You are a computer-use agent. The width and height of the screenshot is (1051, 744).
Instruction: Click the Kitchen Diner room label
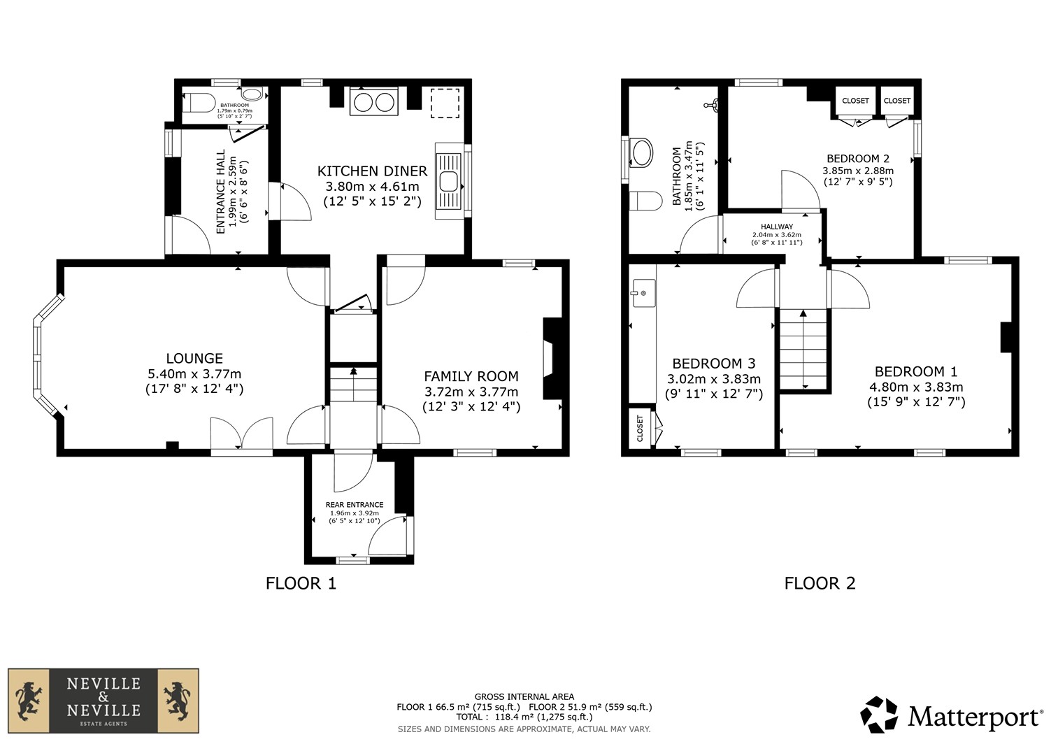[373, 171]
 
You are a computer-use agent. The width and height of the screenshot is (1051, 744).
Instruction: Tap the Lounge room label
[194, 359]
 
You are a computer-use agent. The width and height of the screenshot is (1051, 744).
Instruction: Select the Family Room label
[471, 376]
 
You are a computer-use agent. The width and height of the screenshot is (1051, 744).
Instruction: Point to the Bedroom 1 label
[915, 371]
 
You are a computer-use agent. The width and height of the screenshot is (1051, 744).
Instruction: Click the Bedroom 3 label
[714, 364]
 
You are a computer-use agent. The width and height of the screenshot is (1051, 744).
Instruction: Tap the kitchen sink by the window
[449, 180]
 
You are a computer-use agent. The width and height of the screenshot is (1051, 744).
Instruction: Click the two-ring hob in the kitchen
[374, 101]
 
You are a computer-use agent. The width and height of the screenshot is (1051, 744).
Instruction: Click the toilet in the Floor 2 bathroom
[645, 201]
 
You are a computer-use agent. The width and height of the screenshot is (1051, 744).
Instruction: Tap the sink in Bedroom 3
[644, 293]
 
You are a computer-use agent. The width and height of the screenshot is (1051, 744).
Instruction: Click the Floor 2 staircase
[803, 350]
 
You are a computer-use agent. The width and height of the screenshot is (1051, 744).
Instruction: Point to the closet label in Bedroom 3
[640, 428]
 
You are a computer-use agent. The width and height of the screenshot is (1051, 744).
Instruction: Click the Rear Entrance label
[355, 505]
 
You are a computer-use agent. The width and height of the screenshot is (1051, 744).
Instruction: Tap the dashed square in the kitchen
[445, 103]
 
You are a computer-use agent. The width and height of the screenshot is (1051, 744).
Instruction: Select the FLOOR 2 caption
[820, 584]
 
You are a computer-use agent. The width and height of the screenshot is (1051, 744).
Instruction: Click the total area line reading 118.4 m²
[524, 717]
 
